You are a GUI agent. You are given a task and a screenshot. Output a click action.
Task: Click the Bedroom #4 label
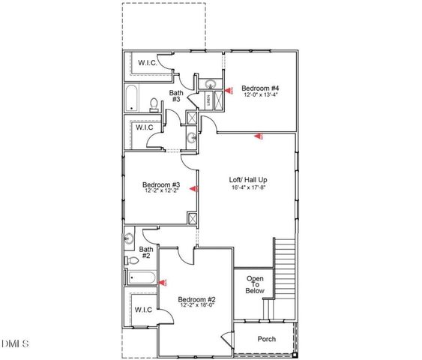click(x=255, y=88)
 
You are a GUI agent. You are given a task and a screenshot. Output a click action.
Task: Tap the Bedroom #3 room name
click(x=161, y=184)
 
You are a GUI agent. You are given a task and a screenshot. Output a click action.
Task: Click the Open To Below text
click(x=256, y=285)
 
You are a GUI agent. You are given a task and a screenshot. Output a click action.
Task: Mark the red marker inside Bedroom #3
click(x=193, y=189)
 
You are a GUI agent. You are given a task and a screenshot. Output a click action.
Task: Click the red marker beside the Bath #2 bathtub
click(x=164, y=283)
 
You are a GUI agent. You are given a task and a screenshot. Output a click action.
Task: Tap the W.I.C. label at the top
click(x=148, y=63)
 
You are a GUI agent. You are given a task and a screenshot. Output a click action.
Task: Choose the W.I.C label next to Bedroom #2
click(x=142, y=309)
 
